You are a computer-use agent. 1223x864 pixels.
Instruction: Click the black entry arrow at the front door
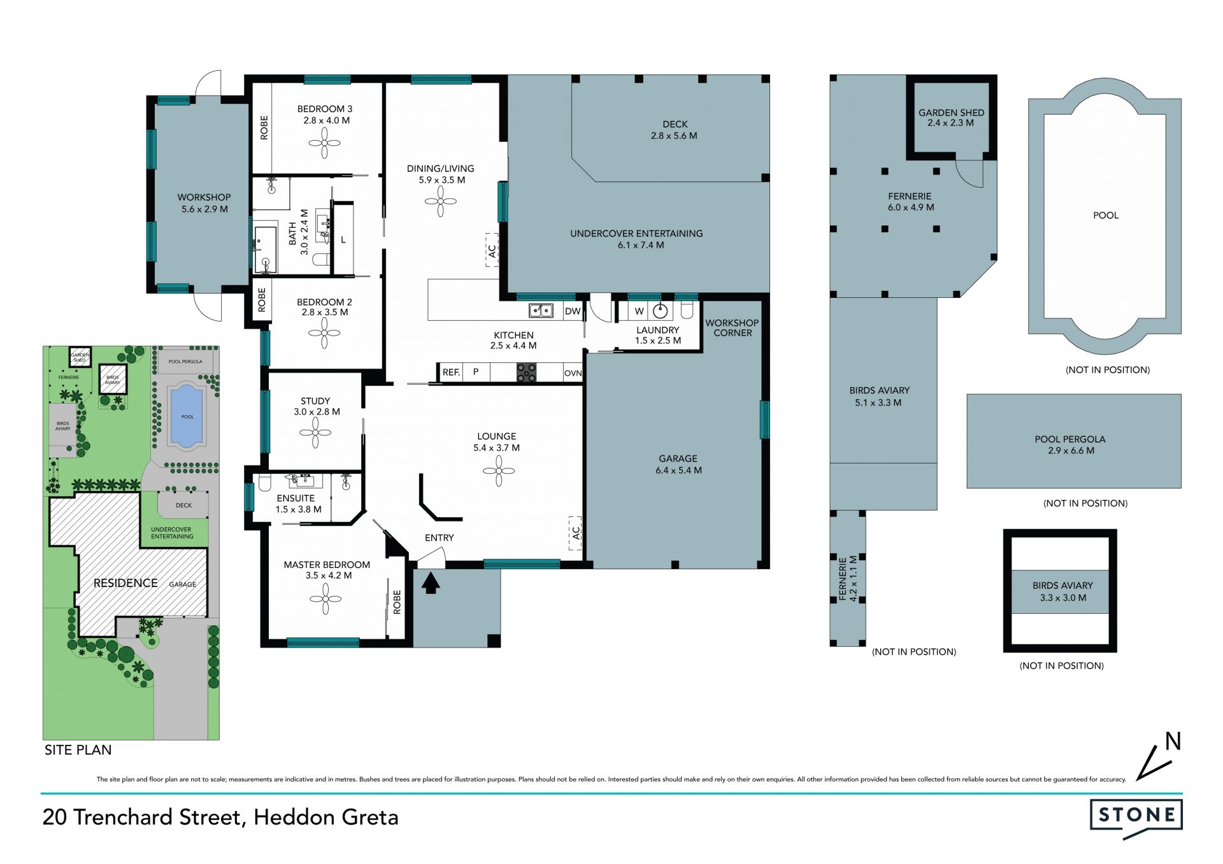click(x=431, y=583)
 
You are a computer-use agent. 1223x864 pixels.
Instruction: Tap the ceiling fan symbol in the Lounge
click(x=499, y=472)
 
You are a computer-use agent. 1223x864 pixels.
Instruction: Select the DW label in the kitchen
click(x=573, y=311)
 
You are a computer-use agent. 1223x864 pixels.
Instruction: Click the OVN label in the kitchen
click(x=573, y=373)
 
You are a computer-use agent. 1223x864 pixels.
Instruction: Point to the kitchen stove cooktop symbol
click(x=526, y=372)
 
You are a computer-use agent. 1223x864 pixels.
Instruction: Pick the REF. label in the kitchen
click(x=451, y=372)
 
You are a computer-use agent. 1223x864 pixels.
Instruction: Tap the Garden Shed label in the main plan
click(x=951, y=118)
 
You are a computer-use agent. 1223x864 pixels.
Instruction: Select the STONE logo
click(x=1136, y=818)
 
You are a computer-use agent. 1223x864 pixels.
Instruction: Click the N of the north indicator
click(x=1173, y=741)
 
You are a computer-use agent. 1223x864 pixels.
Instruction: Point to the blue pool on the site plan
click(x=187, y=416)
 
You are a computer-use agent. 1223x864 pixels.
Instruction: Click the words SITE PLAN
click(x=78, y=750)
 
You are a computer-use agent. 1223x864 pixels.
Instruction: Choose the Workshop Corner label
click(x=732, y=328)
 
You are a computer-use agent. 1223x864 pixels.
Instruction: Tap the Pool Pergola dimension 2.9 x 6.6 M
click(x=1071, y=451)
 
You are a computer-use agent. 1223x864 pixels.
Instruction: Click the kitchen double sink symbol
click(x=541, y=311)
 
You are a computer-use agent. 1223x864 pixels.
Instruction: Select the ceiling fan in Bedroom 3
click(x=325, y=143)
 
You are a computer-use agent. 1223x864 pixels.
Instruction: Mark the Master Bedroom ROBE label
click(x=397, y=602)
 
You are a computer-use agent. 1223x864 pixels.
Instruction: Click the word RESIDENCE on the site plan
click(x=125, y=583)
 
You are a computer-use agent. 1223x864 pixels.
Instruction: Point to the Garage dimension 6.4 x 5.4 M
click(x=678, y=471)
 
